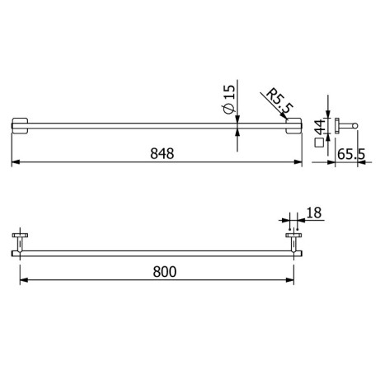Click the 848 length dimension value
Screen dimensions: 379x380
pyautogui.click(x=162, y=153)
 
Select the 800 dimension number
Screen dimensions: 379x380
pyautogui.click(x=162, y=270)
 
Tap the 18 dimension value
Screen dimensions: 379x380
pyautogui.click(x=314, y=213)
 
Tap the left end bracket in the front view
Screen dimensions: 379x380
pyautogui.click(x=19, y=125)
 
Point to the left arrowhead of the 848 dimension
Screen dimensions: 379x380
pyautogui.click(x=14, y=163)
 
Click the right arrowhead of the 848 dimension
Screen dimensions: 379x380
pyautogui.click(x=298, y=163)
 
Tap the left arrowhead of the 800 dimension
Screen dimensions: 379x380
pyautogui.click(x=22, y=280)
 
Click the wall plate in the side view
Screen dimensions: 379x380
pyautogui.click(x=335, y=125)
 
